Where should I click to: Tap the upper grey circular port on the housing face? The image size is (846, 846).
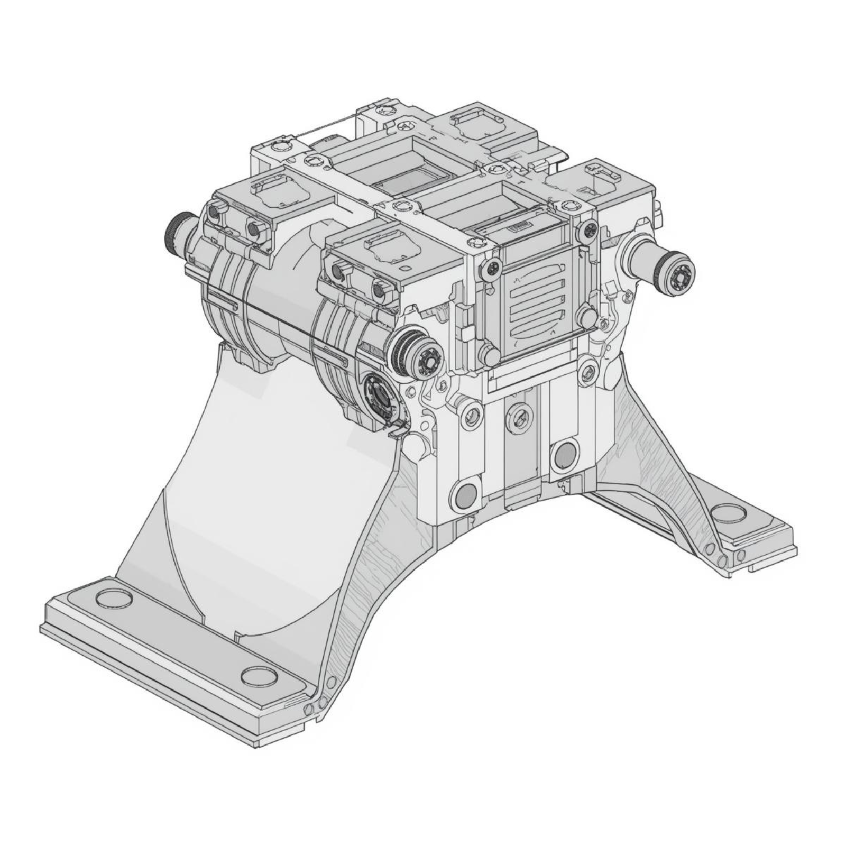click(564, 453)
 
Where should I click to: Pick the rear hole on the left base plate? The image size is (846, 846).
click(113, 597)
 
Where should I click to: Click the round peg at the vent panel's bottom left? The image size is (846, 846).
click(489, 353)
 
